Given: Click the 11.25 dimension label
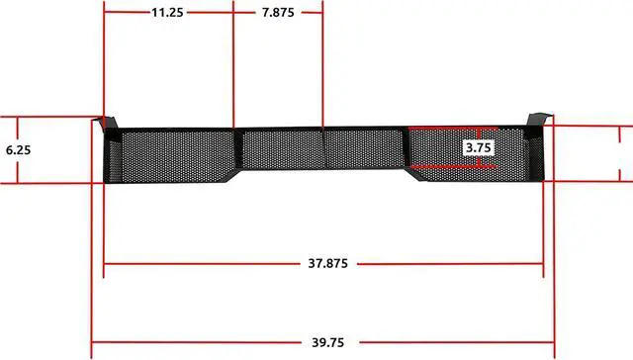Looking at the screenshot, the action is tap(167, 13).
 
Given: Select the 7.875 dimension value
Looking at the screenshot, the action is tap(278, 13).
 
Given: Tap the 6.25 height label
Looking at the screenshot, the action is tap(18, 150).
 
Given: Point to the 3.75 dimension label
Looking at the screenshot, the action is tap(479, 147).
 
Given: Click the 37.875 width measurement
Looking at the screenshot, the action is tap(327, 263).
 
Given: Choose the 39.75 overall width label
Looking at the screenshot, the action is tap(327, 342).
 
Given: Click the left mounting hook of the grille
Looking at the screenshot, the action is tap(106, 123).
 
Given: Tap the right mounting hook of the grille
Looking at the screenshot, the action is tap(539, 120).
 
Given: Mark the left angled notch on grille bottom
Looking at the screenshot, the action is tap(234, 176).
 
